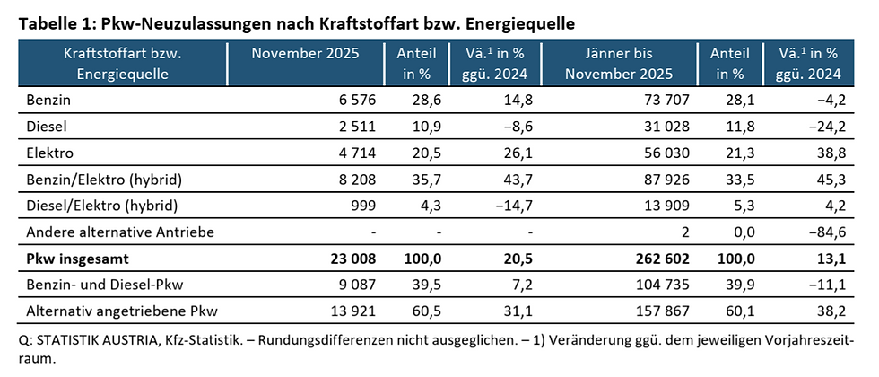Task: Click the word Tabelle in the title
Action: [x=45, y=20]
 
